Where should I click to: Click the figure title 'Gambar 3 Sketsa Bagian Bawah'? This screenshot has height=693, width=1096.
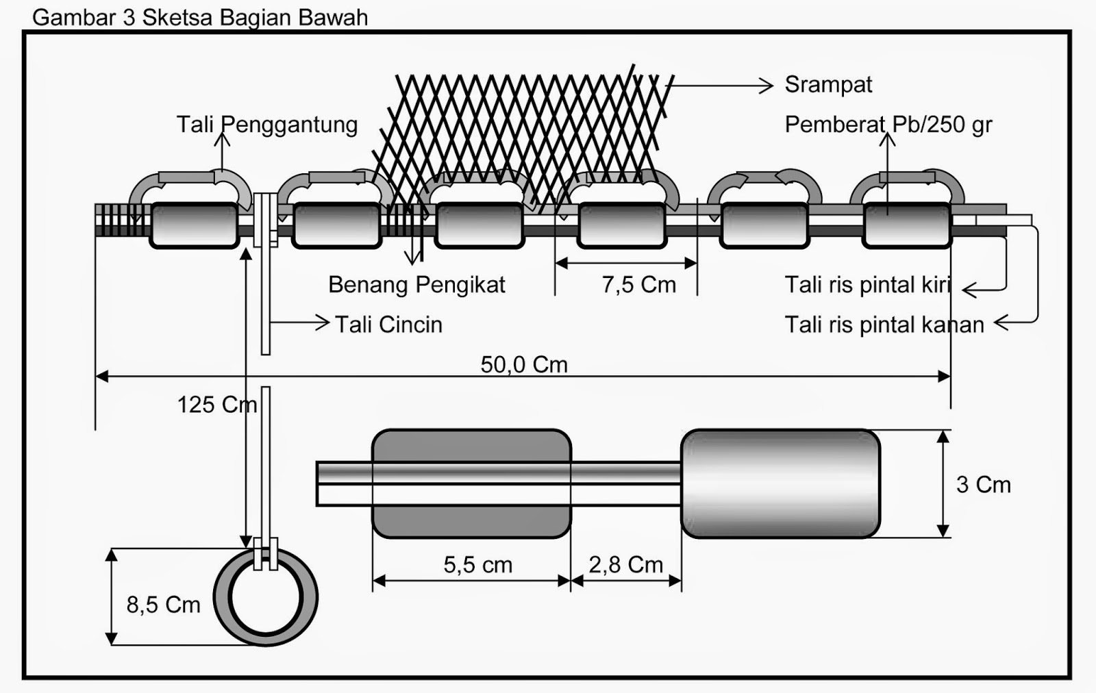(x=200, y=18)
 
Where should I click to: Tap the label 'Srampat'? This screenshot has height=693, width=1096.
(x=828, y=85)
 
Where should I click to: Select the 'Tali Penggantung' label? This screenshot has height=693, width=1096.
(x=267, y=125)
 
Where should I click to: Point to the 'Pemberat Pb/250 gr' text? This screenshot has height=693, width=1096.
(x=888, y=125)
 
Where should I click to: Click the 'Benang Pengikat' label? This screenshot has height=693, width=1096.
(x=417, y=285)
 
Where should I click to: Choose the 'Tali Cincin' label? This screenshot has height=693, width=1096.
(x=389, y=325)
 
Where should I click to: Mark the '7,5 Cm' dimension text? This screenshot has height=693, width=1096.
(x=639, y=285)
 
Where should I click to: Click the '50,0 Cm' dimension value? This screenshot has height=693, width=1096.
(x=524, y=364)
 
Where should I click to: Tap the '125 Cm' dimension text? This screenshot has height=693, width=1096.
(x=217, y=405)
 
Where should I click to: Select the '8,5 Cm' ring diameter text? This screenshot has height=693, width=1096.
(x=164, y=605)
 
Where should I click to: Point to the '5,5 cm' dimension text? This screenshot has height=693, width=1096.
(x=478, y=565)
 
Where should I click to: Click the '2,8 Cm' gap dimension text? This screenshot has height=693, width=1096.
(x=626, y=565)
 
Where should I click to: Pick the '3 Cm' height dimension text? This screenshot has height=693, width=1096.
(x=984, y=485)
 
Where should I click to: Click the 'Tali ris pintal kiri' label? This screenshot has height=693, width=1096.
(x=868, y=285)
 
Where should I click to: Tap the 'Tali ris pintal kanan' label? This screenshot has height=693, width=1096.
(x=884, y=325)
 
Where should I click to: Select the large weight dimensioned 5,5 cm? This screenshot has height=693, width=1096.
(x=472, y=483)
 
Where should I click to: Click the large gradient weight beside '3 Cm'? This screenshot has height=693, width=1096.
(x=780, y=483)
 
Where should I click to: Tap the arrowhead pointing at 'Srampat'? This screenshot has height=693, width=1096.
(x=767, y=86)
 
